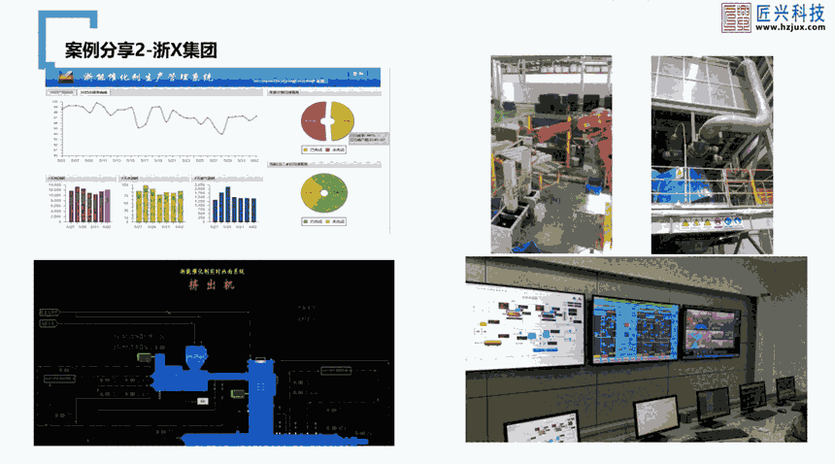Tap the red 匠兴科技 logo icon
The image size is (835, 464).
click(735, 17)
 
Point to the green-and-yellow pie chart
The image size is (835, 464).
click(323, 194)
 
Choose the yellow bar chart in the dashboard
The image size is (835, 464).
click(157, 204)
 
